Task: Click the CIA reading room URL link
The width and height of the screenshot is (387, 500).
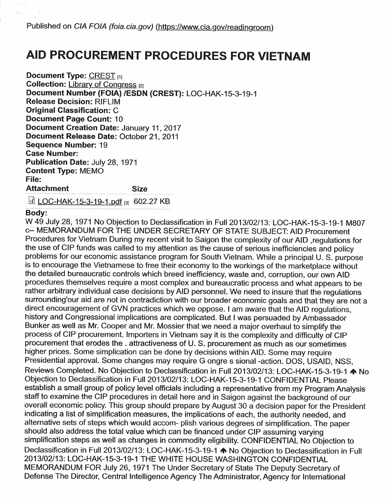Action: [214, 27]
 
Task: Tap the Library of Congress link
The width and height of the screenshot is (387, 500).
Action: [102, 84]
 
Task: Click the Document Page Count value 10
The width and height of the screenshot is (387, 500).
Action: [119, 119]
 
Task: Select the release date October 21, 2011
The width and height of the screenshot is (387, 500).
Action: [149, 136]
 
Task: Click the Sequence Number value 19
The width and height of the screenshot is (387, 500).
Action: [103, 145]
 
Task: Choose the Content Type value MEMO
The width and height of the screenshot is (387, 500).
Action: [91, 171]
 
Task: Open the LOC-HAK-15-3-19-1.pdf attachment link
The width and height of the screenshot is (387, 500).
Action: [80, 202]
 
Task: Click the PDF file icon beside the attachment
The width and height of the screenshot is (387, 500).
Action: [31, 201]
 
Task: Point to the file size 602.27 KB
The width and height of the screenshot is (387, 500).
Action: [151, 202]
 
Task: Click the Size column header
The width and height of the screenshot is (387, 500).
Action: [139, 189]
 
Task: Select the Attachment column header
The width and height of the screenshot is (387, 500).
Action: [47, 188]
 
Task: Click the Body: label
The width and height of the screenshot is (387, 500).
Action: [36, 213]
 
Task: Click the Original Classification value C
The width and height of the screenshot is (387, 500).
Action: [115, 111]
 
